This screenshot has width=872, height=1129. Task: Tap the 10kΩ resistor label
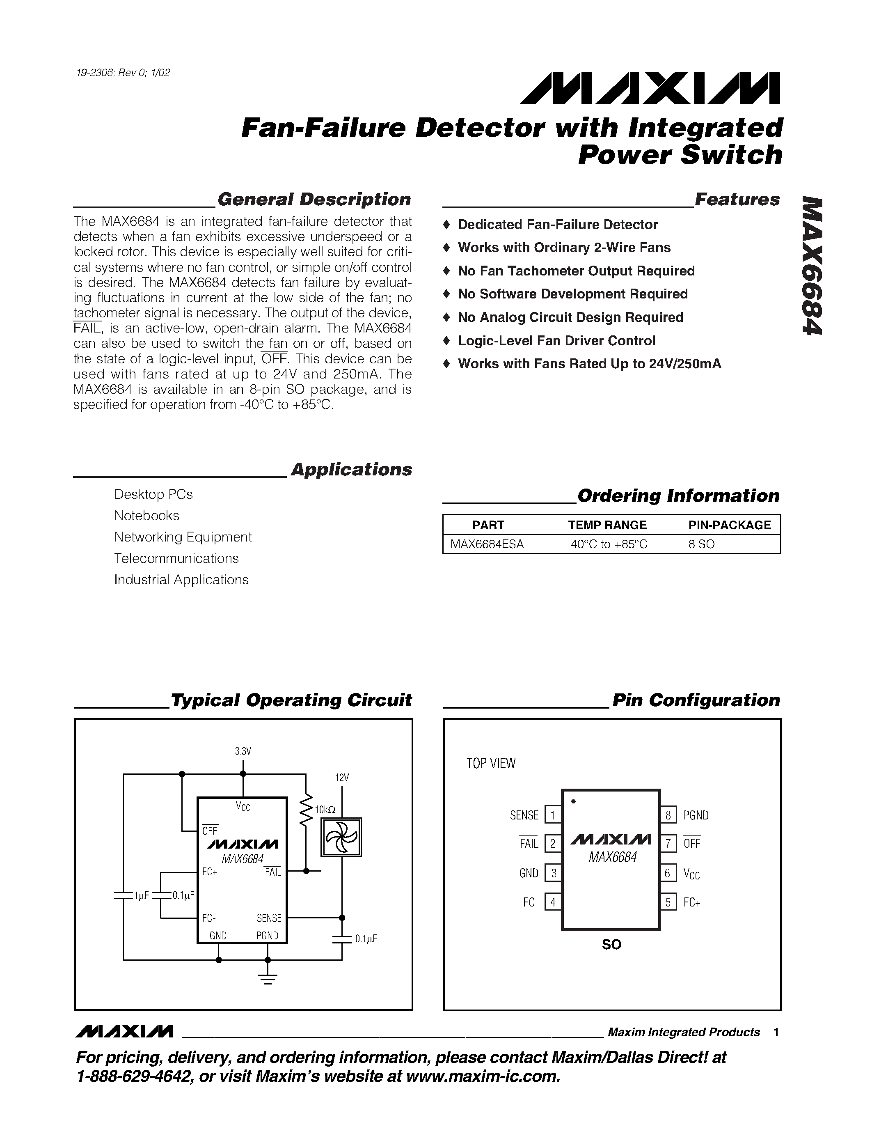(325, 810)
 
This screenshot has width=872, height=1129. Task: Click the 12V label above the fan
(342, 778)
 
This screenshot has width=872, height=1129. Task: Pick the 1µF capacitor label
(142, 896)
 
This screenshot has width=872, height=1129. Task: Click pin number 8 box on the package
(668, 815)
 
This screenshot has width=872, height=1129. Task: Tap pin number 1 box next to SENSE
(553, 815)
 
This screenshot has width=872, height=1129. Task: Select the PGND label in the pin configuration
(696, 815)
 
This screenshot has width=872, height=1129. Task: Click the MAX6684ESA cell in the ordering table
(487, 544)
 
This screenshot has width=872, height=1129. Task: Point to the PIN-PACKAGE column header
(730, 525)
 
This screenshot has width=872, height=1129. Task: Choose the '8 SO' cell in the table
(702, 544)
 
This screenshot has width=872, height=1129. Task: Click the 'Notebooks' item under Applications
(147, 515)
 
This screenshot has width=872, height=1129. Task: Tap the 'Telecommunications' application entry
(176, 558)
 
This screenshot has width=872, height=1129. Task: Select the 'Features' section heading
(737, 199)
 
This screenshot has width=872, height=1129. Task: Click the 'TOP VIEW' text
(491, 764)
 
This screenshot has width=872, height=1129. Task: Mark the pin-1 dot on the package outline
(573, 801)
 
